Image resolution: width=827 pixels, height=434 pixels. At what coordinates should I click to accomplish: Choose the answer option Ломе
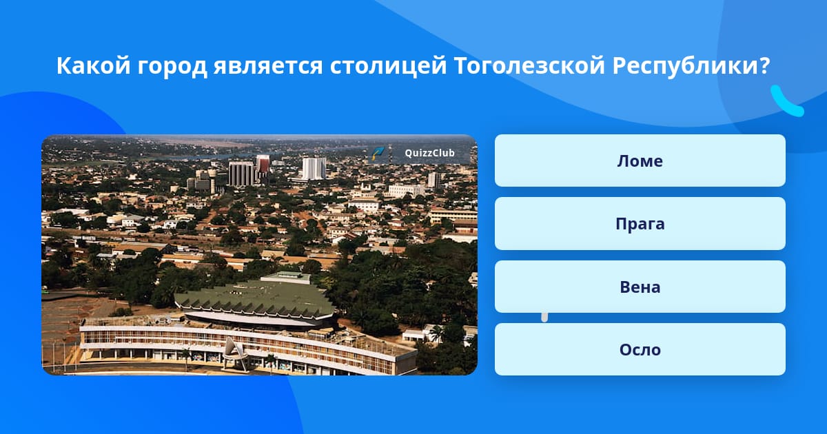[640, 161]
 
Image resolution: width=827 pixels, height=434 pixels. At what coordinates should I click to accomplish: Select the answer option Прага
[640, 224]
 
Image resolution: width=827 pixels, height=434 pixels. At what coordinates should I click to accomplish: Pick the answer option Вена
[640, 287]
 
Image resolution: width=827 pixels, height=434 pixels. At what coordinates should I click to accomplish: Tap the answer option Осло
[640, 349]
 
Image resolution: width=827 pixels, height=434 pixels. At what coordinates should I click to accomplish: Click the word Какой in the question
[94, 65]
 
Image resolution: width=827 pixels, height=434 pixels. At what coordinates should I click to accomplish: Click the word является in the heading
[268, 66]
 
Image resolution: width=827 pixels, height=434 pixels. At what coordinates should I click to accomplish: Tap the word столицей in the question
[389, 67]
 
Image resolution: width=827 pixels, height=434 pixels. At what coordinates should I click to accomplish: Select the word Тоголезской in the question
[529, 65]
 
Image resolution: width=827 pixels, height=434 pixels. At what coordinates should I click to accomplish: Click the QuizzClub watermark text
[429, 153]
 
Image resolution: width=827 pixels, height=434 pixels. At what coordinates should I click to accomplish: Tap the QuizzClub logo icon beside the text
[378, 153]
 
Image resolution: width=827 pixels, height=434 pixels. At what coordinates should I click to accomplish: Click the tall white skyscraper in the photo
[314, 168]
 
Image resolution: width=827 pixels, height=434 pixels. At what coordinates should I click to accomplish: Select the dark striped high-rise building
[241, 174]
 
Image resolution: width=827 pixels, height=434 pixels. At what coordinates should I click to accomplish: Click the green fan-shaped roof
[255, 297]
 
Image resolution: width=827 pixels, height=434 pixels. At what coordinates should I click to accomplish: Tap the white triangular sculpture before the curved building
[235, 353]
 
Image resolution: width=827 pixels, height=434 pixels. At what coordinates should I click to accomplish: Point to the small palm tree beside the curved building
[436, 332]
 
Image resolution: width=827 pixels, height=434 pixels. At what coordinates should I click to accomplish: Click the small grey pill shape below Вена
[544, 318]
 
